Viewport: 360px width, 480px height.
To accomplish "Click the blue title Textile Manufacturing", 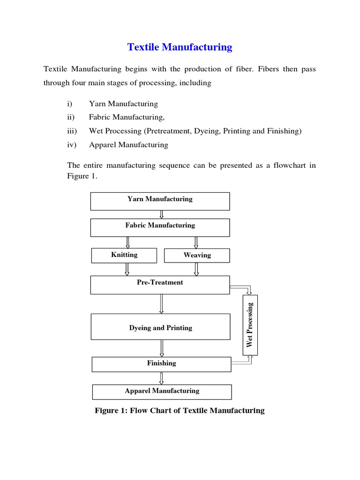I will pos(180,47).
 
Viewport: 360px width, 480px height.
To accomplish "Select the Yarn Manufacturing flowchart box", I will pos(160,201).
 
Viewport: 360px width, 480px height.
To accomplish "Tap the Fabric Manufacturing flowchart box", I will pos(160,227).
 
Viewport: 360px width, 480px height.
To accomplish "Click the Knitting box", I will pos(124,255).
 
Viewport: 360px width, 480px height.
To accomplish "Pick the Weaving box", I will pos(197,255).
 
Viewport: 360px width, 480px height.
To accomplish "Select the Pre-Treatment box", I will pos(160,285).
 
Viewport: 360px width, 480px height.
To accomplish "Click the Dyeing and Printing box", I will pos(160,327).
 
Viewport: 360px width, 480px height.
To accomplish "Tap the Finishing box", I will pos(161,364).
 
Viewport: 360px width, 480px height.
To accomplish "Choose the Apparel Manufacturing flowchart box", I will pos(162,391).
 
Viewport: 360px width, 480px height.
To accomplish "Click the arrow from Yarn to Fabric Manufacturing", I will pos(161,215).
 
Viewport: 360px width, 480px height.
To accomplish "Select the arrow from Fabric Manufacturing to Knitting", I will pos(127,242).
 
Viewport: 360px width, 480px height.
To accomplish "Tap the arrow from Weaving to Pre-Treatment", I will pos(196,269).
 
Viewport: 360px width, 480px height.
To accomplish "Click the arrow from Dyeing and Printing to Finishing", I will pos(162,348).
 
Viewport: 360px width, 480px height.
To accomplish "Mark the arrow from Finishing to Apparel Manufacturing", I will pos(162,378).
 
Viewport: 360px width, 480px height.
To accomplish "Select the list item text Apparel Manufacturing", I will pos(128,145).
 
